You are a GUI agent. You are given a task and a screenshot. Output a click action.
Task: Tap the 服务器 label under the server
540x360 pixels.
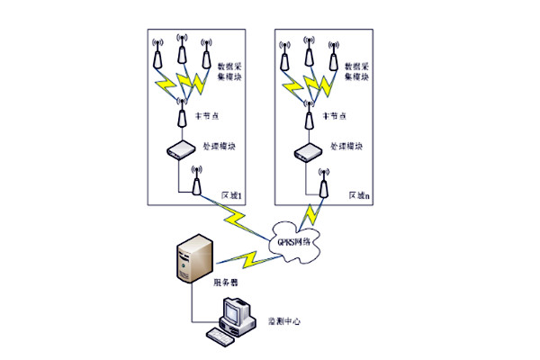tap(225, 282)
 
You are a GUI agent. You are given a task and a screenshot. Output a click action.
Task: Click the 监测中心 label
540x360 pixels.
tap(286, 320)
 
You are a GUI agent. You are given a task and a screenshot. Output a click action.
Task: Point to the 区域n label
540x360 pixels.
tap(360, 194)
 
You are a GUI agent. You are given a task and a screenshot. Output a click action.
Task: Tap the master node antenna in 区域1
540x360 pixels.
tap(183, 113)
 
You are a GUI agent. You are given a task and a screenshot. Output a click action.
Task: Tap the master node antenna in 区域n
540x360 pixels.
tap(310, 113)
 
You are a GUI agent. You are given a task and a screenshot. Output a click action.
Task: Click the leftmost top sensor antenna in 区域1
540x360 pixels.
tap(158, 54)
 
